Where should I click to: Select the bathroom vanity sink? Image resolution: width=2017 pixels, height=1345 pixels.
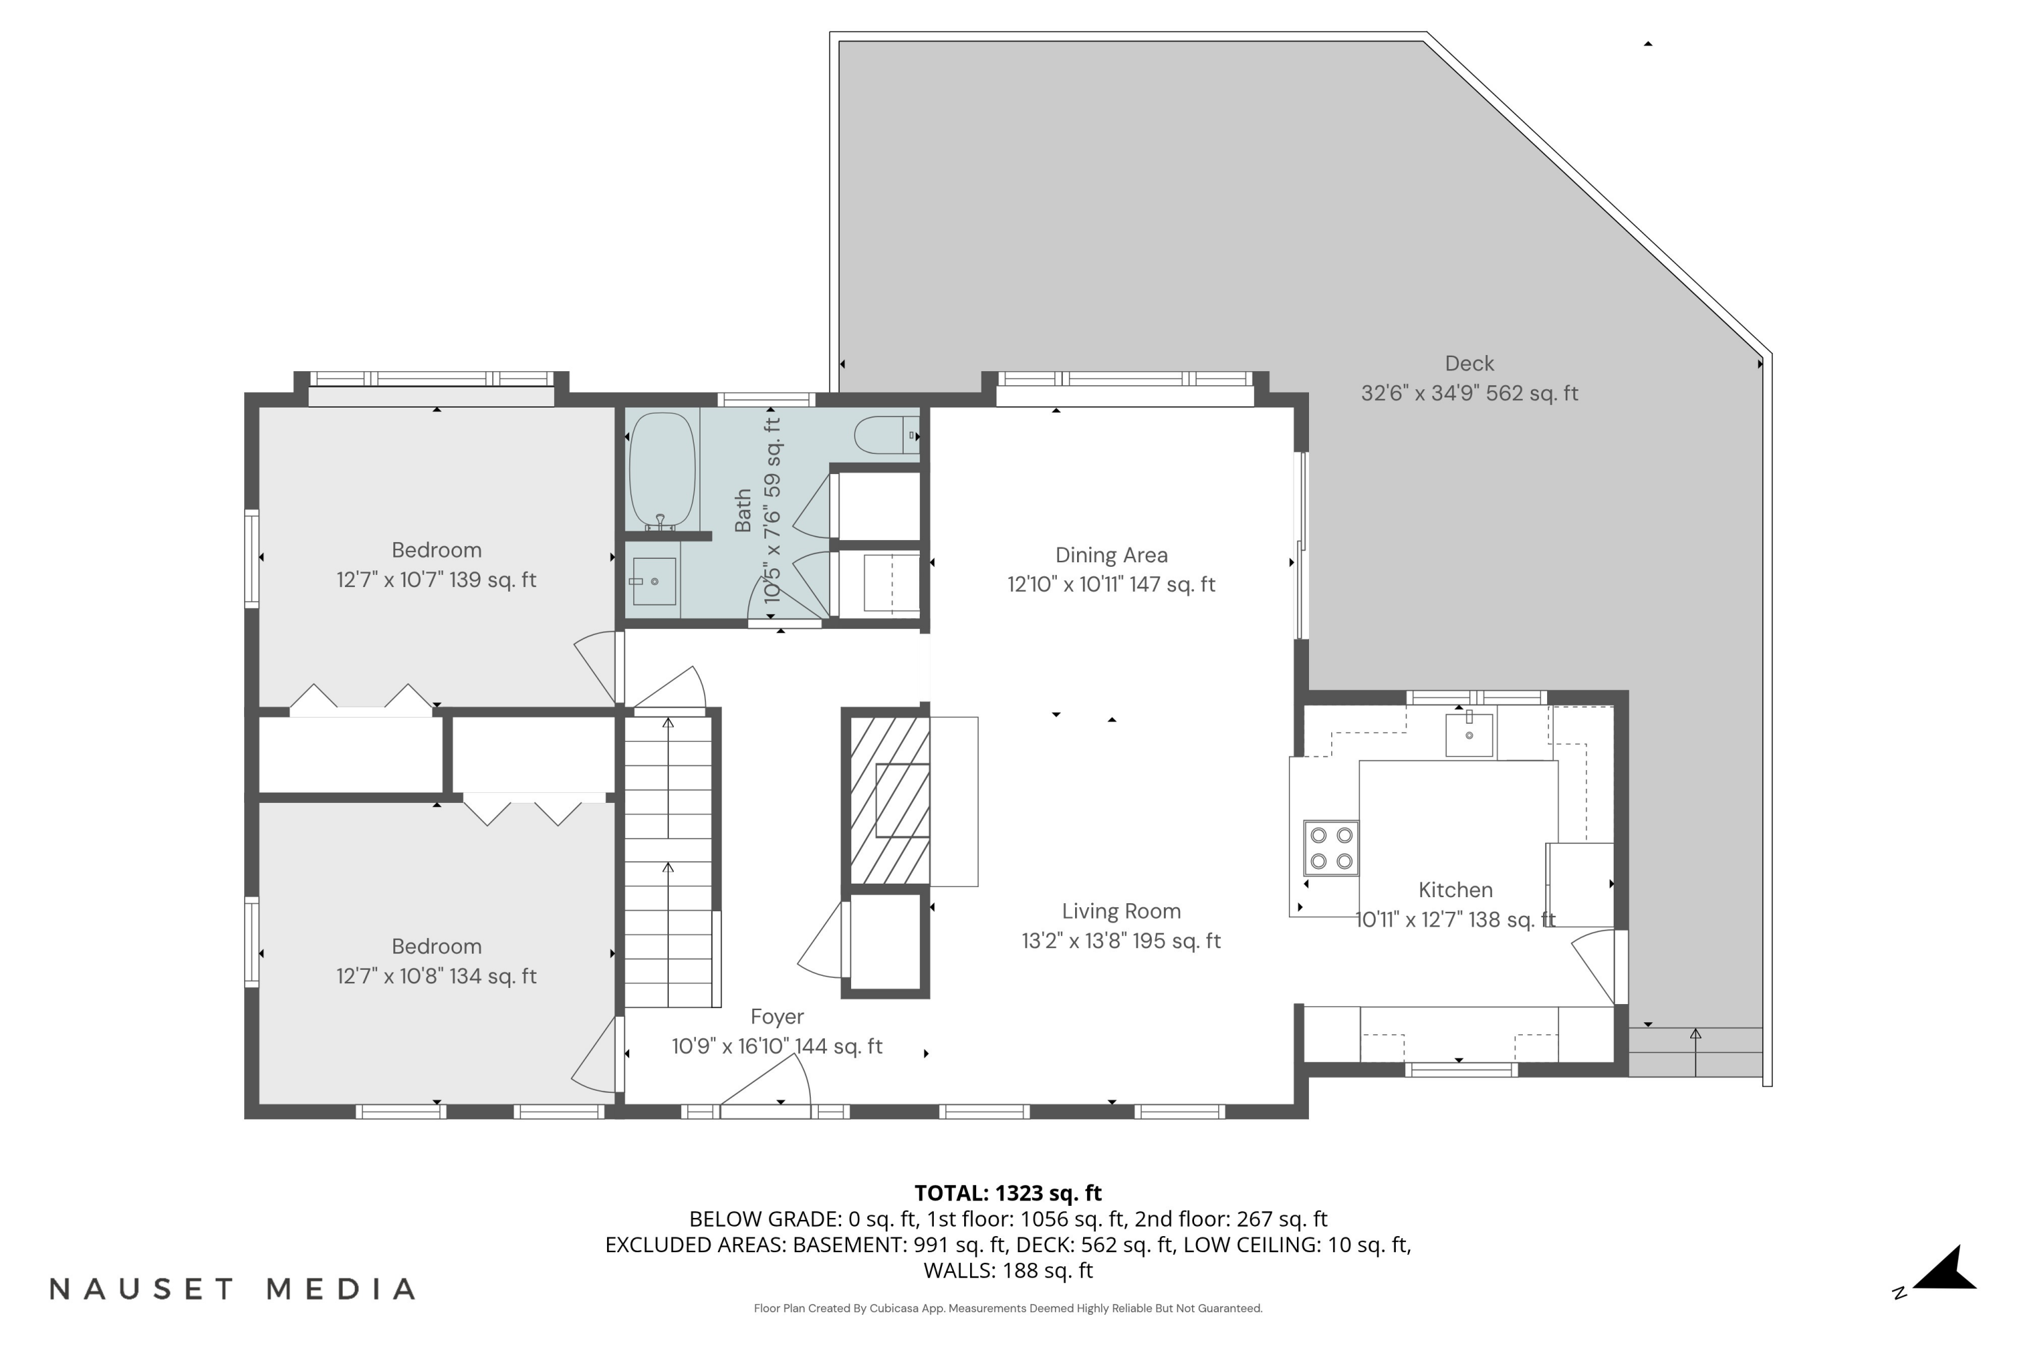tap(654, 581)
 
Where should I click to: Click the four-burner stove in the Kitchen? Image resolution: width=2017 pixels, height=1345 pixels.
tap(1331, 847)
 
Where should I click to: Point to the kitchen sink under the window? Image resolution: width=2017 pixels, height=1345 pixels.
tap(1468, 735)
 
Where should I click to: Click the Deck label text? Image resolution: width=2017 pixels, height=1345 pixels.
tap(1469, 364)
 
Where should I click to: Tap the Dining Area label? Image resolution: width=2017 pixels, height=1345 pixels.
tap(1111, 555)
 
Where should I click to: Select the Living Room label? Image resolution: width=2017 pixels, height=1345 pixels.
tap(1121, 911)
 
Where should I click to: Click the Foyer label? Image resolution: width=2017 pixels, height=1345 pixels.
tap(777, 1016)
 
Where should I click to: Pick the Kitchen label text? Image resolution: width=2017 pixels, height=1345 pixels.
tap(1456, 890)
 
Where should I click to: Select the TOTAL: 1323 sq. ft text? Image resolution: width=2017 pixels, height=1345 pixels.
tap(1008, 1193)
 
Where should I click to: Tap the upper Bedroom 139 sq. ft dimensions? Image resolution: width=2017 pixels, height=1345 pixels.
tap(436, 580)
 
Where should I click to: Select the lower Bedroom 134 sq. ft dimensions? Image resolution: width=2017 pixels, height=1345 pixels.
tap(436, 976)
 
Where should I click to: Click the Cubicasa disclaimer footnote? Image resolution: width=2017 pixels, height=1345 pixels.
tap(1008, 1308)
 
